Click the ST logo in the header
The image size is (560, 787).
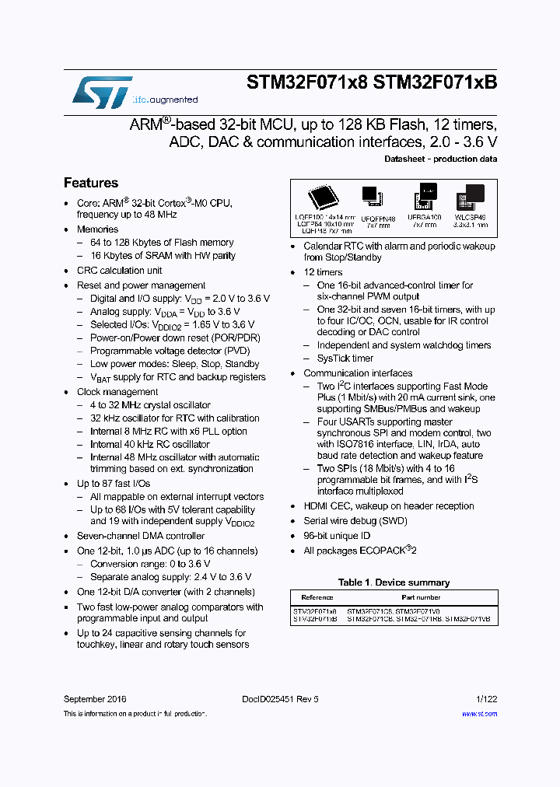[x=102, y=91]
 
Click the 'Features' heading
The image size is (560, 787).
[x=91, y=183]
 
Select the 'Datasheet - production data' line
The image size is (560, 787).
[x=440, y=159]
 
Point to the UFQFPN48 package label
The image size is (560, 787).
[x=379, y=219]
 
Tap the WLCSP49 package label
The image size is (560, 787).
[x=471, y=219]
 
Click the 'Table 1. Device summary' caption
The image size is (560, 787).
[x=394, y=582]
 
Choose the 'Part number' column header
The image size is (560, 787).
[x=420, y=597]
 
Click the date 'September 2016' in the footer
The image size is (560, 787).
[x=95, y=699]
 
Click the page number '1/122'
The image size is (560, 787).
[x=485, y=699]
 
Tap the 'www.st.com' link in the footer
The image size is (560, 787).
[x=484, y=713]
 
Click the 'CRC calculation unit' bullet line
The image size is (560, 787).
[x=119, y=271]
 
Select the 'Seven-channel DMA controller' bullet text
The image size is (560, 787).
[x=141, y=536]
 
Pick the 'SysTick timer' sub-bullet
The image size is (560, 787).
[x=345, y=359]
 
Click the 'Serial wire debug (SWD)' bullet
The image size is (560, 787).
[x=355, y=521]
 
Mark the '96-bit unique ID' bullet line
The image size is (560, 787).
[x=337, y=536]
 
